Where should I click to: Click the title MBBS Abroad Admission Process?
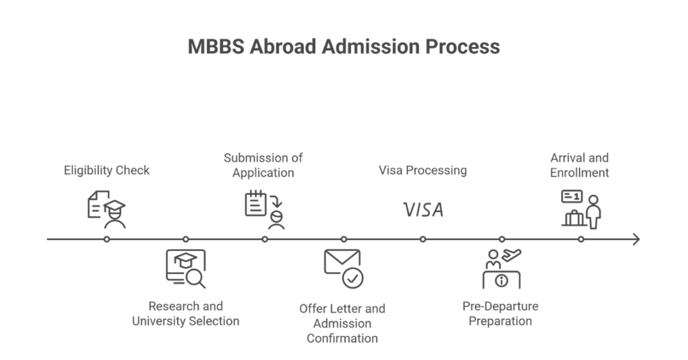coord(343,47)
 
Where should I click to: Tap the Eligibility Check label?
coord(106,170)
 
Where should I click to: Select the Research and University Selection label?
coord(185,313)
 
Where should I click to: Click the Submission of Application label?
coord(263,165)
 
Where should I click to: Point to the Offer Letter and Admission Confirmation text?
coord(342,323)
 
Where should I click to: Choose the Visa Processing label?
coord(422,170)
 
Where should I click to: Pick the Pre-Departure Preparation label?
coord(500,313)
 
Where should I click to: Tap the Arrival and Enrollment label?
coord(579,165)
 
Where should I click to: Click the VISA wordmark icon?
coord(423,210)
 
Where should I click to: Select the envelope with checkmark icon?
coord(343,268)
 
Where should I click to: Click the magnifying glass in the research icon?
coord(194,277)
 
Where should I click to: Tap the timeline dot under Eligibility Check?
coord(106,240)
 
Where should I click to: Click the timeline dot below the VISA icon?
coord(423,240)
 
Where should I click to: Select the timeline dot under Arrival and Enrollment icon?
coord(581,240)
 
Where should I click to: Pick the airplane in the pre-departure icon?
coord(511,256)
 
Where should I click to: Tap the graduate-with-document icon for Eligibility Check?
coord(106,209)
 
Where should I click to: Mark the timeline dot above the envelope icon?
coord(344,240)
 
